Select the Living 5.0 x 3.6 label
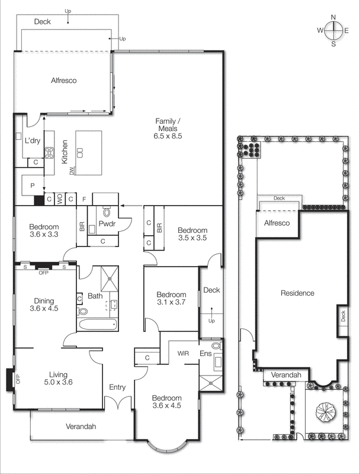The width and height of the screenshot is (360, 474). coord(57,378)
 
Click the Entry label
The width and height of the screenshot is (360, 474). coord(117,387)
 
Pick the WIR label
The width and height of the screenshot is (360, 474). coord(183,353)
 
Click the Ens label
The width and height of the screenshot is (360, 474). coord(205,354)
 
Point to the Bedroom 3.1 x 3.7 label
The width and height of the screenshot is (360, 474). coord(171,299)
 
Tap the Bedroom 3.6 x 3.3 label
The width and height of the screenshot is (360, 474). coord(44,230)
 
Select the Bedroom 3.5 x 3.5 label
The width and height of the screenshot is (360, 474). coord(192,234)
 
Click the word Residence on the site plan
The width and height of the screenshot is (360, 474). coord(297,293)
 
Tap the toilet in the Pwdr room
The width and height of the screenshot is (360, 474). coord(107,212)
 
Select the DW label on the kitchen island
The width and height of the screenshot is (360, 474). coord(72,172)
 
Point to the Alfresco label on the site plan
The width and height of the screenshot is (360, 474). coord(277,223)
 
